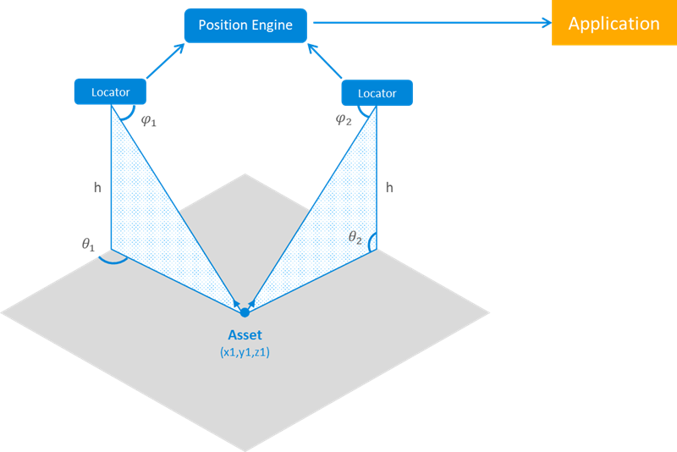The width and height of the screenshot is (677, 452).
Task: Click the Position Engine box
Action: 245,25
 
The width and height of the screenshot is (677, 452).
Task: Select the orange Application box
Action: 614,23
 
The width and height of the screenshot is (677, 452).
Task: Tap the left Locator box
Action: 110,91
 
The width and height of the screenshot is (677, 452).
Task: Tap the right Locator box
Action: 377,92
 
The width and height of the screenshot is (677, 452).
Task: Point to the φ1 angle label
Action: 149,121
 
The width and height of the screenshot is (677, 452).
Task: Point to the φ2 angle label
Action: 343,119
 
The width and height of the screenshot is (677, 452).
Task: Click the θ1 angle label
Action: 89,244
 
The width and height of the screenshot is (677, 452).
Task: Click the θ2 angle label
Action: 355,238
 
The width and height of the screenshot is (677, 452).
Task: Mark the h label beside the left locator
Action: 97,187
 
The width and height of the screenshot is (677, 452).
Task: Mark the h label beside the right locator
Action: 389,187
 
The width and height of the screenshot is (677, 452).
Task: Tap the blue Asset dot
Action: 245,312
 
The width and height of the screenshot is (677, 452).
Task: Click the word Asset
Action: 245,334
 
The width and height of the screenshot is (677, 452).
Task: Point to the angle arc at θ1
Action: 113,260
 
